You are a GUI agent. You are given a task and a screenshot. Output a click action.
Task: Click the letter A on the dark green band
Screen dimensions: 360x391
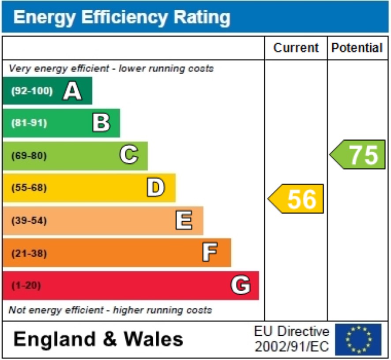(x=72, y=91)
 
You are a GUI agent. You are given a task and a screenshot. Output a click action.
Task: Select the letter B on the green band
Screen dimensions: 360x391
(x=101, y=123)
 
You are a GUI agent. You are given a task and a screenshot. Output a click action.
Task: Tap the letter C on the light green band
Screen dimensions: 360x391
(x=129, y=155)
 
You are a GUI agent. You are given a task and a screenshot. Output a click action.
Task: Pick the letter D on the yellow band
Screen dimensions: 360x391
(x=156, y=188)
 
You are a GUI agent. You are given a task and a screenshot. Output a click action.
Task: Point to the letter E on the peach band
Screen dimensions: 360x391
(x=184, y=220)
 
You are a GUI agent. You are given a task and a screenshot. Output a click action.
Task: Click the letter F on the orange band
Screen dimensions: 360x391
(x=211, y=253)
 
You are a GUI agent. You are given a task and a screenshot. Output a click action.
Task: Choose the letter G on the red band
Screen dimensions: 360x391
(x=241, y=285)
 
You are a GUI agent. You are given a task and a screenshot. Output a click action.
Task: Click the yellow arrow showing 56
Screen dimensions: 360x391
(x=296, y=199)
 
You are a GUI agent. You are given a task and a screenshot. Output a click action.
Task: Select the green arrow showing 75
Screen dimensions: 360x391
(x=358, y=154)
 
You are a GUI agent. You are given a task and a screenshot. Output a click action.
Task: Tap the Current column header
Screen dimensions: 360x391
(x=296, y=48)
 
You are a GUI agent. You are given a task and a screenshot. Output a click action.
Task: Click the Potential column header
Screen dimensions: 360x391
(x=357, y=48)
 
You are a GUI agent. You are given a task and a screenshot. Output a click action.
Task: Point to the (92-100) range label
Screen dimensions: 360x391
(x=32, y=91)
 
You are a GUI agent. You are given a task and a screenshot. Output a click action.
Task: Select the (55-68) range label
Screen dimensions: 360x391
(x=29, y=188)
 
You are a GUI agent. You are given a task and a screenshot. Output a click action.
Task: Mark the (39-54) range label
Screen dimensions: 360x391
(x=29, y=220)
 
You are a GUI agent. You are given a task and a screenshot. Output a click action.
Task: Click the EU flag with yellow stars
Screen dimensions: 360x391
(x=358, y=339)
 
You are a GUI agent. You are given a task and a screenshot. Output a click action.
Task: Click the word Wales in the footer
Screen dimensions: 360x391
(x=153, y=339)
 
